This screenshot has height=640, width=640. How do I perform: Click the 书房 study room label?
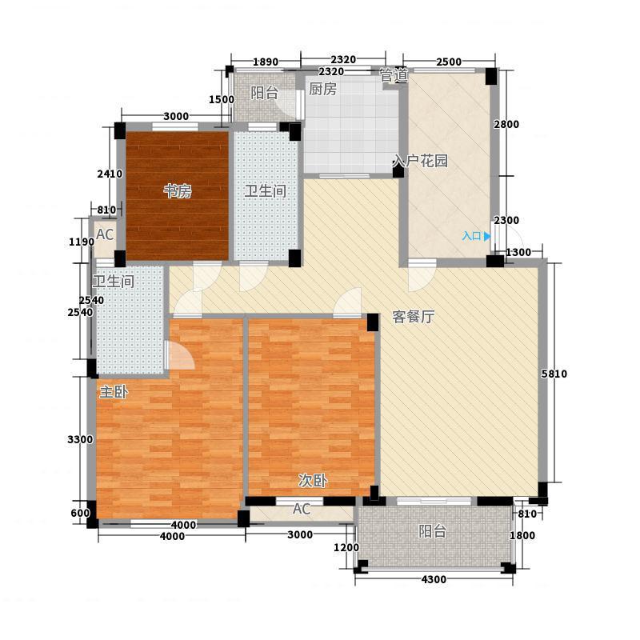point(178,190)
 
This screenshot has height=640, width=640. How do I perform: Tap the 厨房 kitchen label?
point(322,89)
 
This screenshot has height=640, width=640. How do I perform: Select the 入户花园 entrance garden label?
point(420,161)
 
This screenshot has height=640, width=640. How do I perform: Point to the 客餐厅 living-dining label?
point(413,316)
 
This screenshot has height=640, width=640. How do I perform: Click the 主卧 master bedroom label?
point(114,392)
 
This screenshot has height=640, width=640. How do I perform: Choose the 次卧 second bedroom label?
point(313,481)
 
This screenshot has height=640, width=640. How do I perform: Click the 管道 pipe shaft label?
point(394,74)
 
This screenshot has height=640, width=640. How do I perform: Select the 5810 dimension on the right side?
point(554,374)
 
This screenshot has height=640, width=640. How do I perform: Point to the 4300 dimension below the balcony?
point(434,579)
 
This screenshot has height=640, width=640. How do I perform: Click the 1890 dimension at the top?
point(266,62)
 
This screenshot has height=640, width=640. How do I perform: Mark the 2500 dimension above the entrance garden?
point(449,62)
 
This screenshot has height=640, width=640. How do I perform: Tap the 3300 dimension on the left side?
point(80,439)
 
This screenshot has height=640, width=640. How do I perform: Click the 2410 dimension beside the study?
point(110,174)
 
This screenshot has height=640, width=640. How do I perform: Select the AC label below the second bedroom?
point(302,509)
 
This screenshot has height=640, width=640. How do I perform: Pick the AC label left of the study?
point(105,234)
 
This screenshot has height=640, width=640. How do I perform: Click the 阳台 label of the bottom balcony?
point(433,531)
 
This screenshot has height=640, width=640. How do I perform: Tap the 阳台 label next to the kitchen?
point(264,93)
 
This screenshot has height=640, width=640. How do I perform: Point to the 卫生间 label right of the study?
point(265,190)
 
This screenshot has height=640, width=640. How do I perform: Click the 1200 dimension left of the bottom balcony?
point(346,547)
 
